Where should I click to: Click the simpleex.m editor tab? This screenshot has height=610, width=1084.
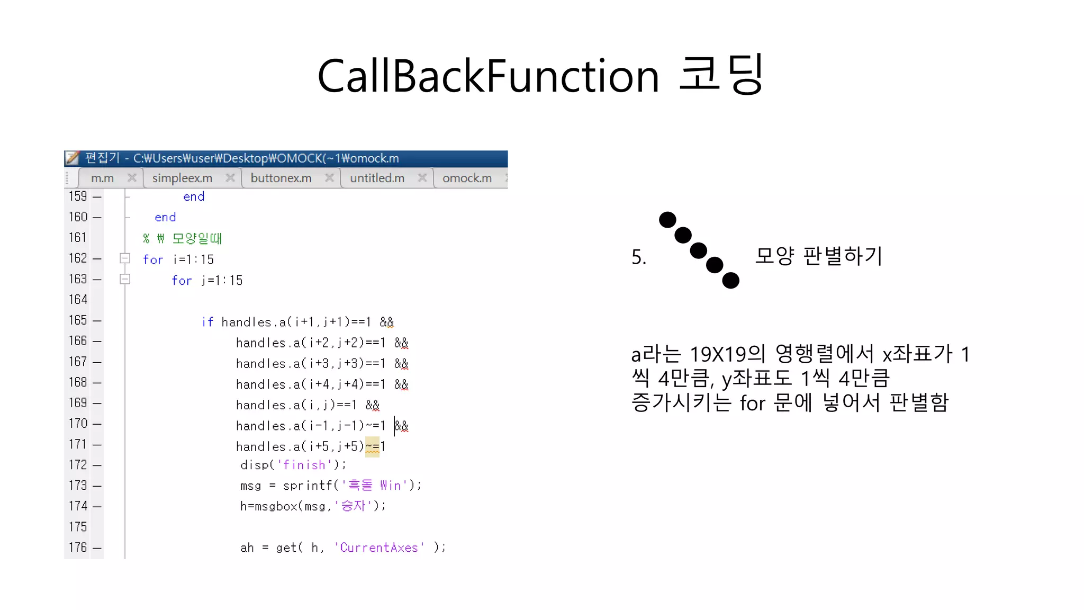click(x=182, y=178)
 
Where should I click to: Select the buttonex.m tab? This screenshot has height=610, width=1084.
click(x=281, y=178)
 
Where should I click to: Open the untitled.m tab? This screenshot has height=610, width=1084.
click(x=377, y=178)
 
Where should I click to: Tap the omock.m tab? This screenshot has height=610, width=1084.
click(x=467, y=178)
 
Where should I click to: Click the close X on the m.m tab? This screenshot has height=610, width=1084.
click(x=132, y=178)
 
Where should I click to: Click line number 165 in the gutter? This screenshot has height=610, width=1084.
click(x=78, y=320)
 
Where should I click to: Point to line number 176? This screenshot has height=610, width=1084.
click(x=78, y=548)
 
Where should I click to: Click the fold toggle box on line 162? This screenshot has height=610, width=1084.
click(x=125, y=258)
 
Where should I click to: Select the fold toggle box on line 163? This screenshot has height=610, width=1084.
click(x=125, y=279)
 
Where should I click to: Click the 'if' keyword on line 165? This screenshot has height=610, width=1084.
click(x=207, y=322)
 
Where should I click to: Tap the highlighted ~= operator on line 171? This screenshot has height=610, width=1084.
click(x=372, y=447)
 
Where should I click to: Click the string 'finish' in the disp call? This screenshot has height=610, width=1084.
click(x=304, y=465)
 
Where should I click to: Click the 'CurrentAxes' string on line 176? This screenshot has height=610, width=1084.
click(x=379, y=548)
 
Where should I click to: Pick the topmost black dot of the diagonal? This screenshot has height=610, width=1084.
click(x=667, y=219)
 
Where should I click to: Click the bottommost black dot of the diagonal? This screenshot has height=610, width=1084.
click(x=730, y=280)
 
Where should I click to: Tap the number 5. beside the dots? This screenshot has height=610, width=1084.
click(x=639, y=257)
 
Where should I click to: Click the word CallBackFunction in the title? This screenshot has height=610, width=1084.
click(x=488, y=76)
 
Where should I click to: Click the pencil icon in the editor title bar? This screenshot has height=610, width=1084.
click(x=72, y=158)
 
